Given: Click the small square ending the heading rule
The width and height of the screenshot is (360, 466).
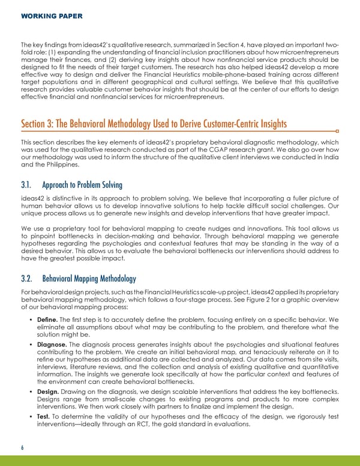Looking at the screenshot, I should point(338,130).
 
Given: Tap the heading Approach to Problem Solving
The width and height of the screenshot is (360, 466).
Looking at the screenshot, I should point(89,185).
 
